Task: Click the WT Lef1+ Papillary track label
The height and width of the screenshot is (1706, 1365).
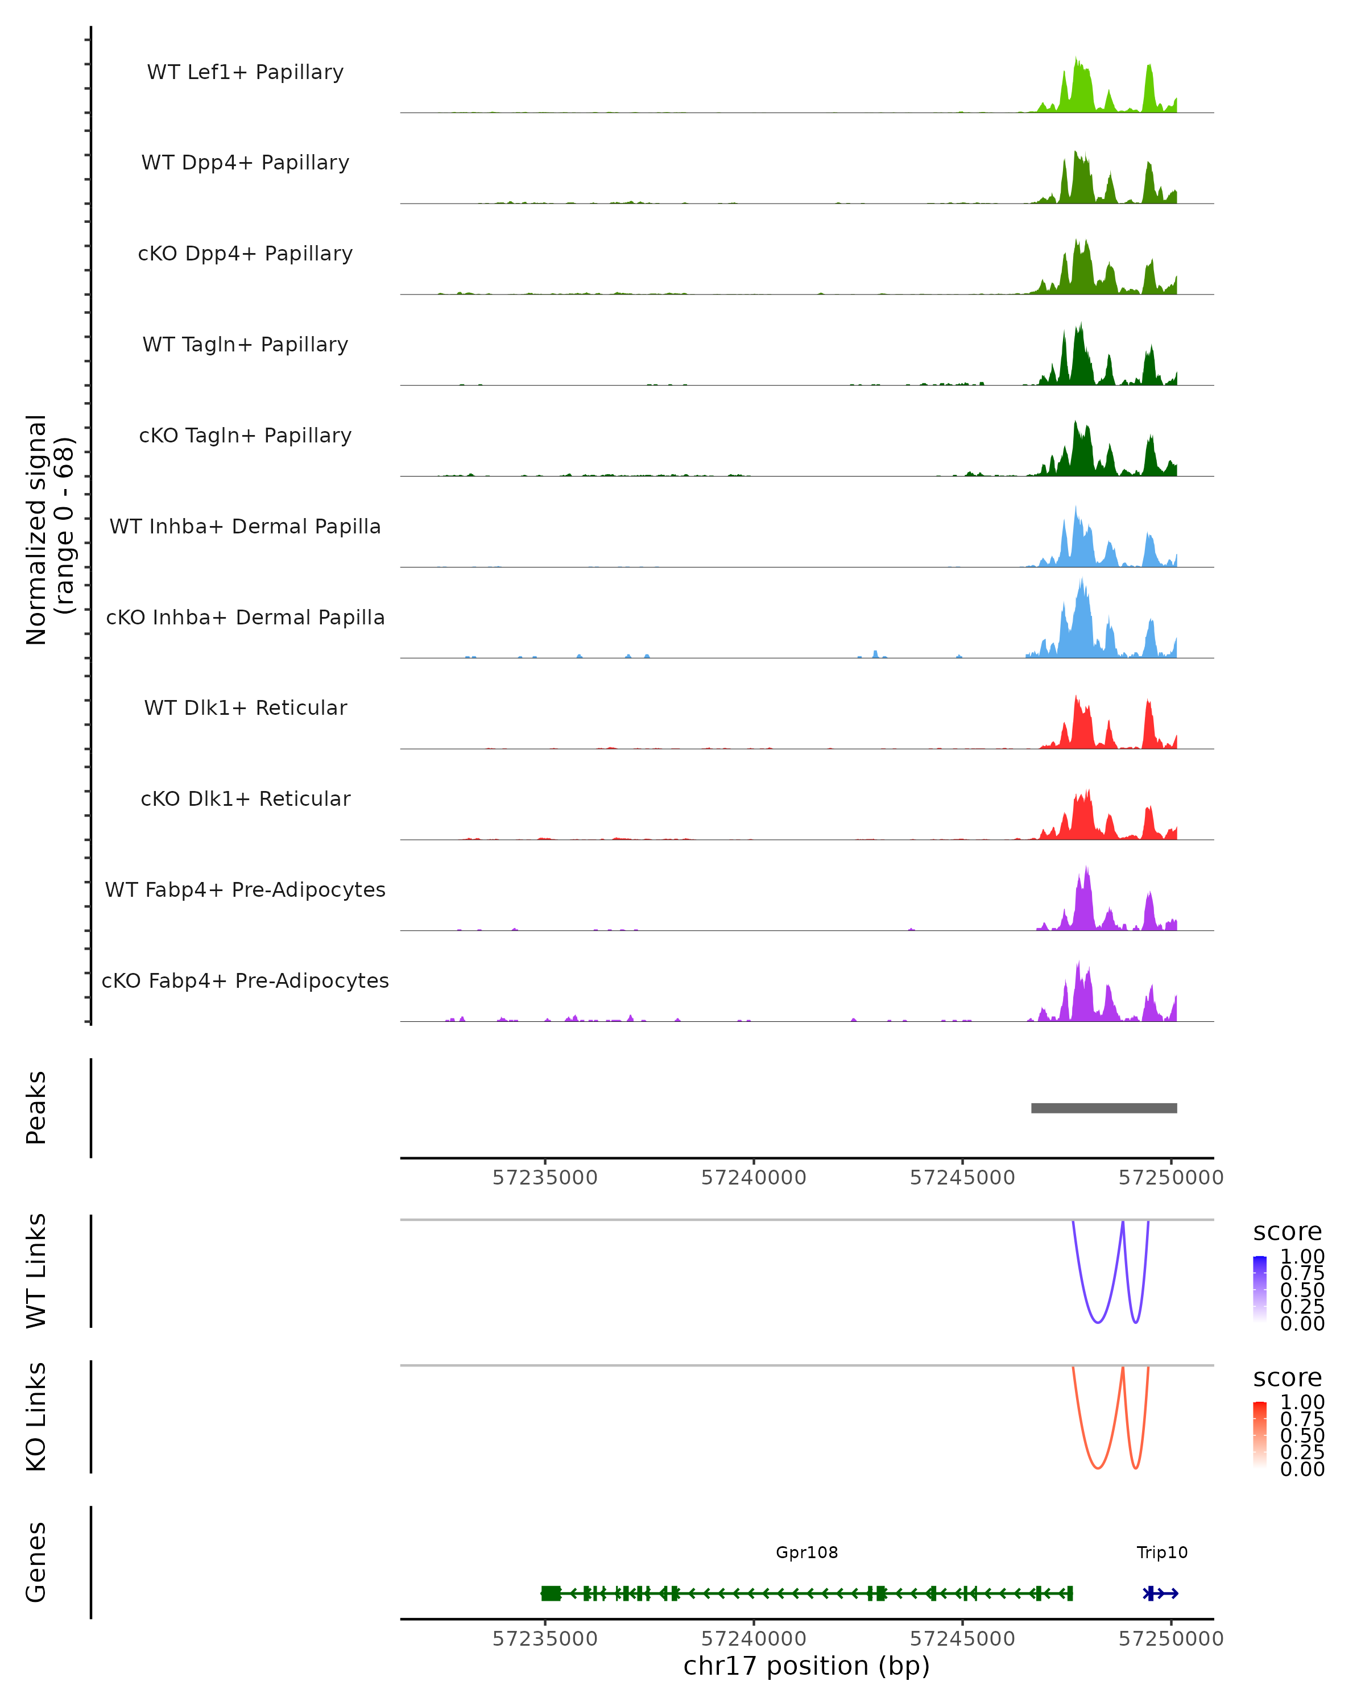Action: pos(245,72)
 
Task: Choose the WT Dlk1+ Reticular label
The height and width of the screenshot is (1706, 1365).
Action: pos(245,707)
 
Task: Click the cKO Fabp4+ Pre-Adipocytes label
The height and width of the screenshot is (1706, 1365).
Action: pos(245,980)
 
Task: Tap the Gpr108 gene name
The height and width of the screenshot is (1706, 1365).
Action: pos(806,1552)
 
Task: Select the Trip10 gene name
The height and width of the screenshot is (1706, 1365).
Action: pos(1161,1552)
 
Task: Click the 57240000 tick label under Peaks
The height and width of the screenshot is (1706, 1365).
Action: pos(754,1178)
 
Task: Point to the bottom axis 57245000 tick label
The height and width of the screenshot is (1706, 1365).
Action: pos(962,1639)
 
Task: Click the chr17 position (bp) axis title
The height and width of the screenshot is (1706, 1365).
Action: pos(806,1666)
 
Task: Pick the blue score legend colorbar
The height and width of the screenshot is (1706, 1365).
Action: pos(1260,1289)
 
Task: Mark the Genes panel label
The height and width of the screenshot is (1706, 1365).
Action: pos(36,1562)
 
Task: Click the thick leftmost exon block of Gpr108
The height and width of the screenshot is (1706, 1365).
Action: pos(551,1593)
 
